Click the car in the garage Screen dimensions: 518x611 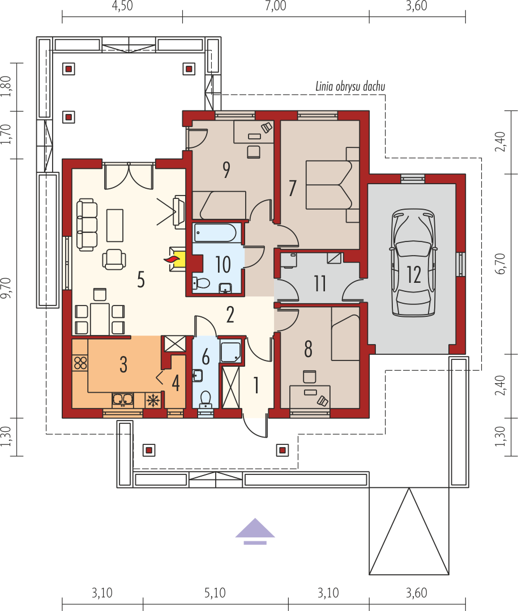[x=413, y=262]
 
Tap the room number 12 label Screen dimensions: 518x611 [x=414, y=274]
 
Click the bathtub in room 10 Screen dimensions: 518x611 [x=215, y=232]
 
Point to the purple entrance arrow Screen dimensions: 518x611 [x=255, y=531]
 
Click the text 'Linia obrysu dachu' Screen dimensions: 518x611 [x=350, y=87]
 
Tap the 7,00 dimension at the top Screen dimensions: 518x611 [x=276, y=6]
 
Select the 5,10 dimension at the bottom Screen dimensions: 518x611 [x=215, y=593]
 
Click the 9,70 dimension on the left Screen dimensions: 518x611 [x=6, y=288]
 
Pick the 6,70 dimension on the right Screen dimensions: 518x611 [x=500, y=264]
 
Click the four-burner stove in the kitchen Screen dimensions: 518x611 [x=80, y=363]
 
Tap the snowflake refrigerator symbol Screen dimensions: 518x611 [x=153, y=400]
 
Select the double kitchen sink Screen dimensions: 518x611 [x=123, y=400]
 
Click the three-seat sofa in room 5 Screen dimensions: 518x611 [x=87, y=224]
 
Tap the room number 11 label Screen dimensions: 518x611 [x=320, y=283]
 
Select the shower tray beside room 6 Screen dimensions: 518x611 [x=231, y=351]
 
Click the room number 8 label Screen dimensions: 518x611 [x=308, y=349]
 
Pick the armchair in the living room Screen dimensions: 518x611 [x=114, y=259]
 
